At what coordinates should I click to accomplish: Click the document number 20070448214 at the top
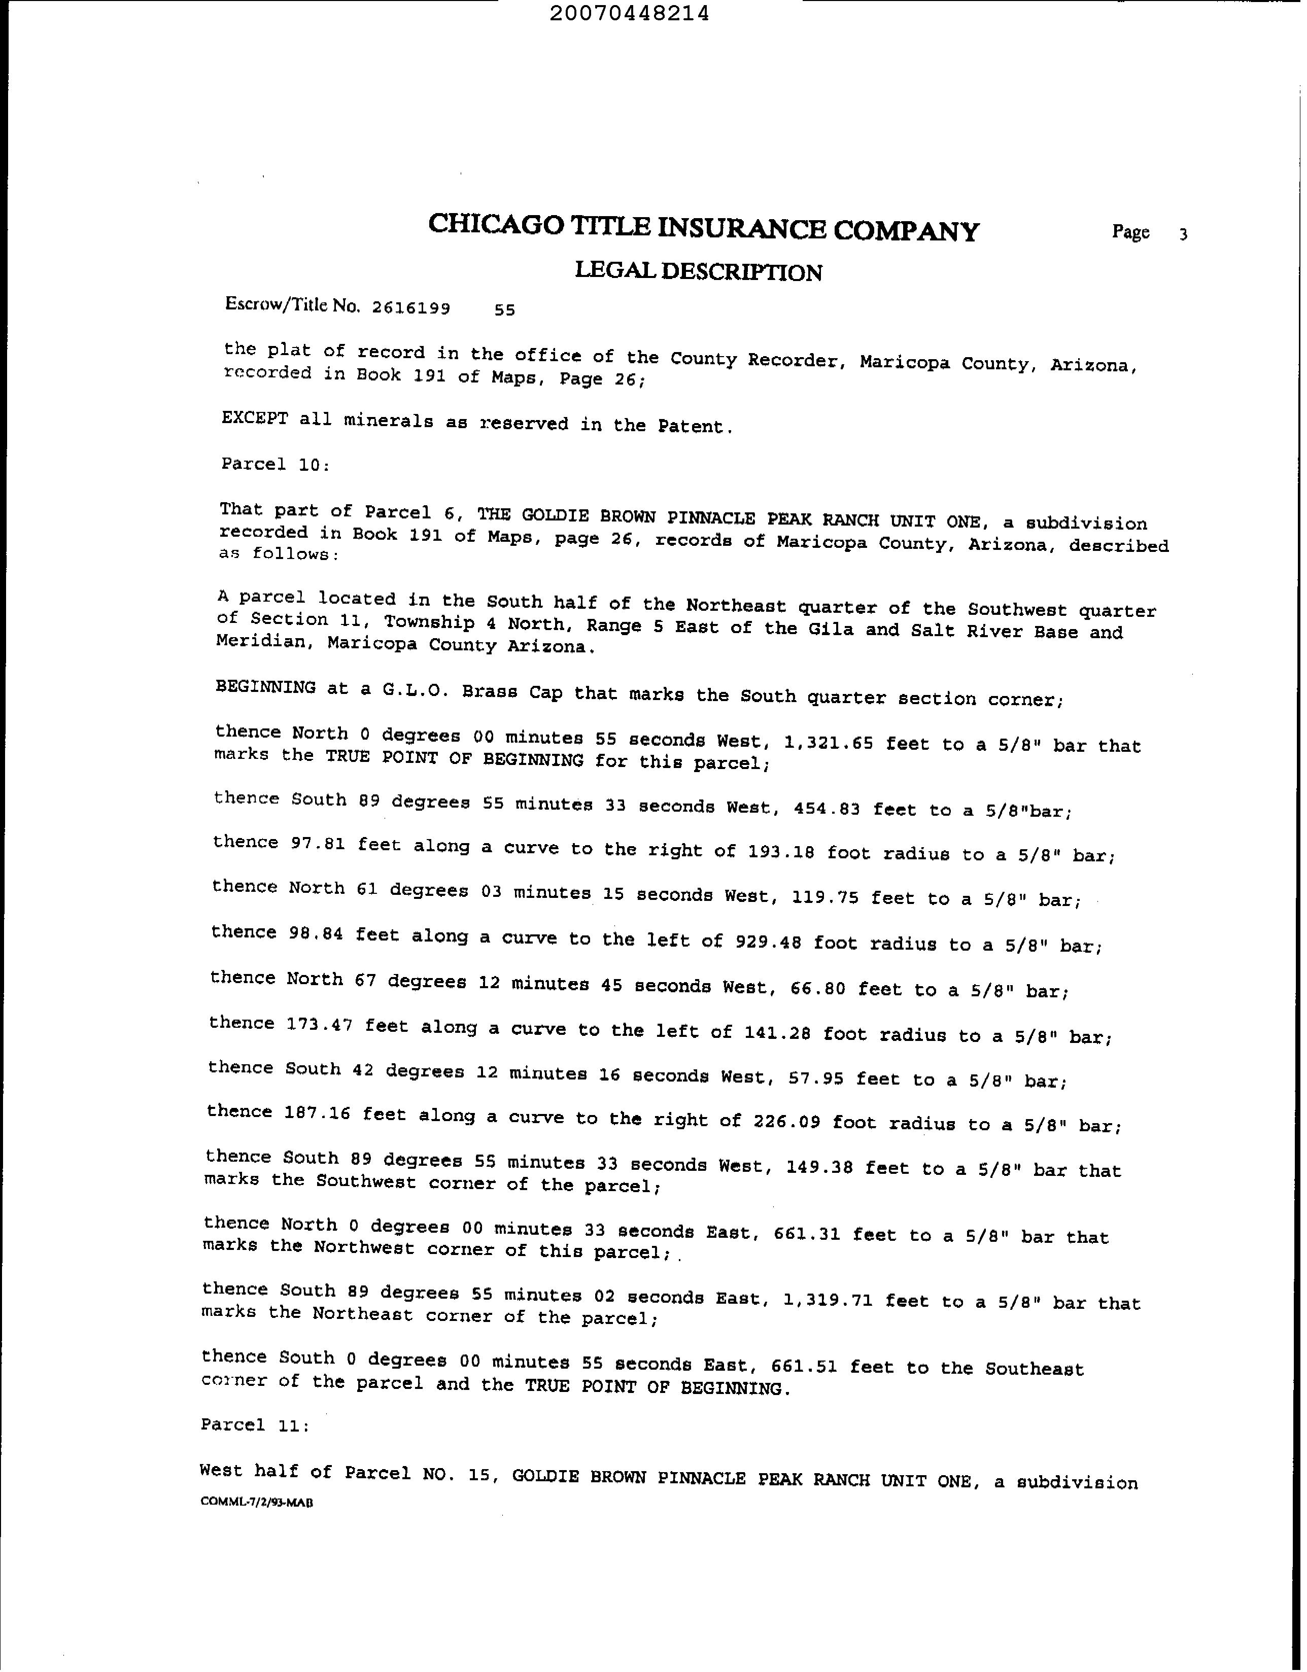pos(629,14)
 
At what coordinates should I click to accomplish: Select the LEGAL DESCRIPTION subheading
pos(698,272)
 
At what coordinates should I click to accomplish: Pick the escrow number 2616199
pos(410,308)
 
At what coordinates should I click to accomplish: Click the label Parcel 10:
pos(276,464)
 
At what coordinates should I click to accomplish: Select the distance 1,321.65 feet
pos(829,743)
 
